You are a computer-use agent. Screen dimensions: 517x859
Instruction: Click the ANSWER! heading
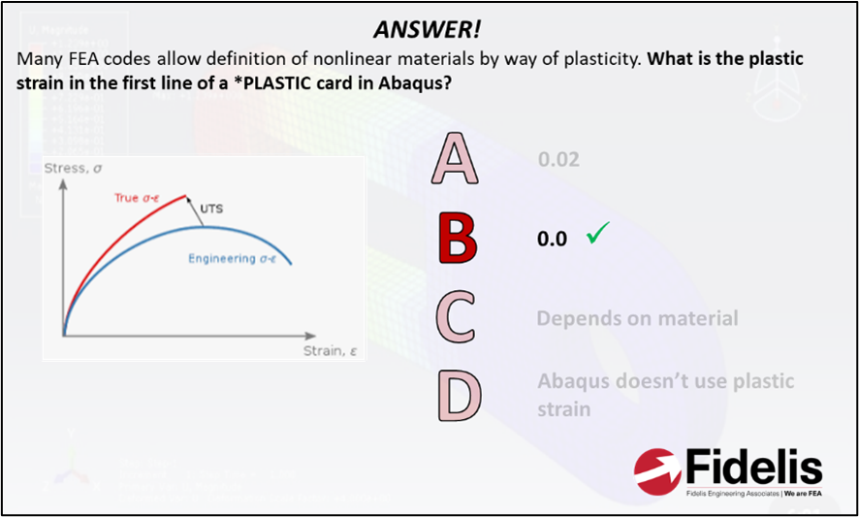(x=427, y=30)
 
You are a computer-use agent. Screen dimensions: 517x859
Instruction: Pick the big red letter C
(x=457, y=318)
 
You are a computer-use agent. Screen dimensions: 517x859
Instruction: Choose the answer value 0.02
(x=558, y=159)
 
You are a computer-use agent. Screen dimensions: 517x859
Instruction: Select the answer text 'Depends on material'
(x=637, y=318)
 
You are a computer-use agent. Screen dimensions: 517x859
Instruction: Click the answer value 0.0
(x=552, y=239)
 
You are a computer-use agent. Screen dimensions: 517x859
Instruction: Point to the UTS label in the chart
(x=212, y=209)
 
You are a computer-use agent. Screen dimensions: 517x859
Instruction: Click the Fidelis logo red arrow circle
(x=657, y=470)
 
